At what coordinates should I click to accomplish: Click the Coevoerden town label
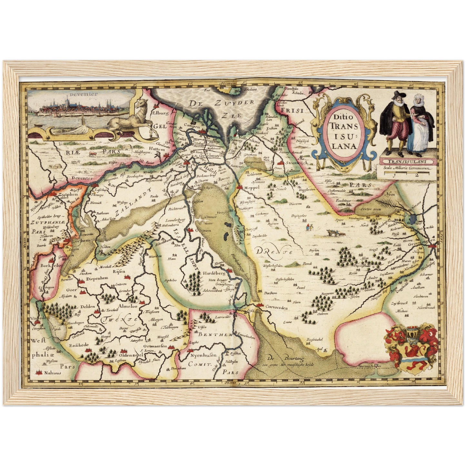coord(276,307)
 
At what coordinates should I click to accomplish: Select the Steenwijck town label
coord(297,163)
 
